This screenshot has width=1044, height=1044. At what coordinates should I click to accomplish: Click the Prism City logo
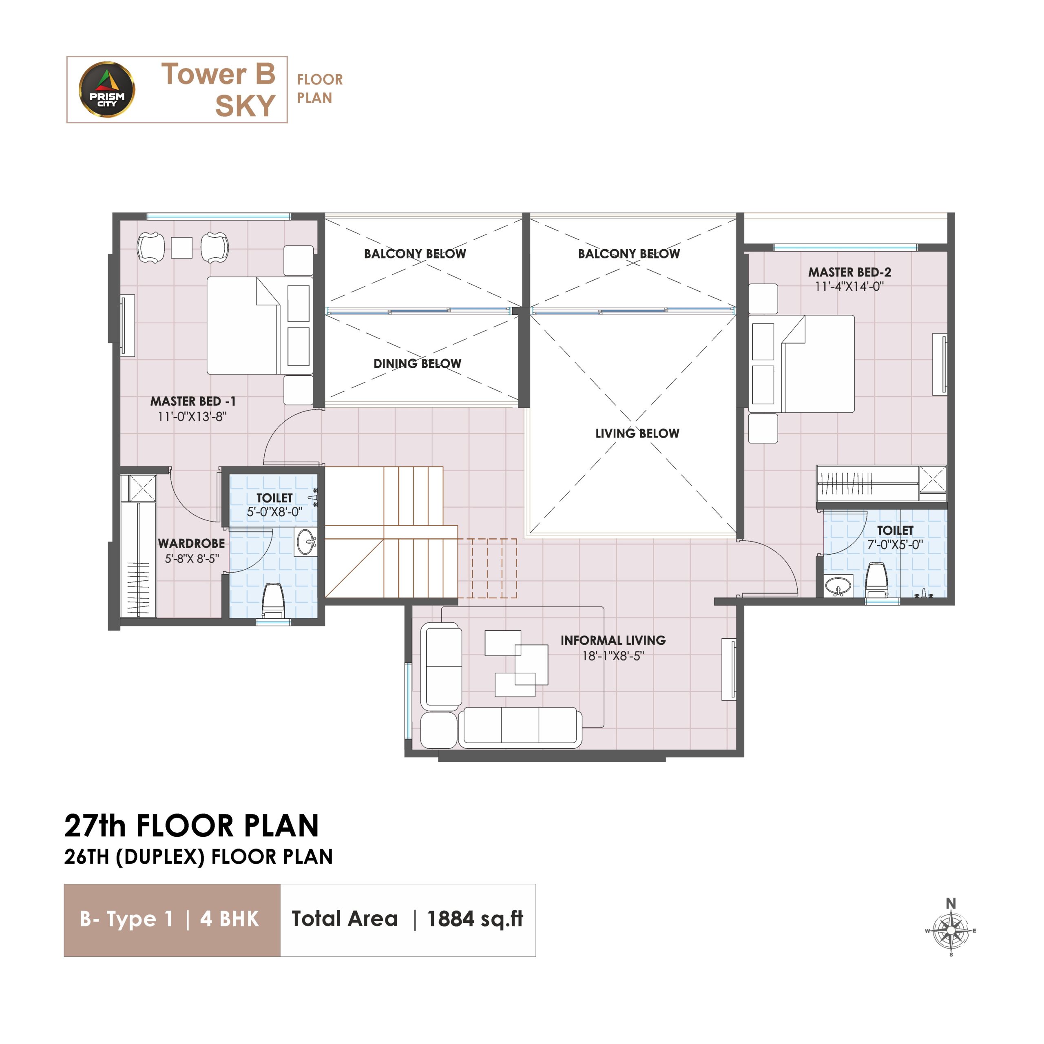tap(107, 89)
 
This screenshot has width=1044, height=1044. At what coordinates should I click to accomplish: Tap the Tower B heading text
tap(218, 74)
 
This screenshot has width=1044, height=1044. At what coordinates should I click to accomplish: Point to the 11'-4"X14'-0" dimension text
tap(849, 286)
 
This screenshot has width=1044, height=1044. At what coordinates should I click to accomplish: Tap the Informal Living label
tap(613, 640)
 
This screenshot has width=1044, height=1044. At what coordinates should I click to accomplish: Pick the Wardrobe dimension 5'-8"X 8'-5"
tap(192, 559)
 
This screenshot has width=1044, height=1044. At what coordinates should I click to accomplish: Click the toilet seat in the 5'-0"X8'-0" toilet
tap(273, 600)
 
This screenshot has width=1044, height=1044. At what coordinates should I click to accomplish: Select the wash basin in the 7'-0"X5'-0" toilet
tap(838, 585)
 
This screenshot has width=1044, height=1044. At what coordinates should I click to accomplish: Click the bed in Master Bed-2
tap(801, 364)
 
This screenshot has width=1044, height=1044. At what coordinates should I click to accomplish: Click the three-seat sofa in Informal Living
tap(520, 728)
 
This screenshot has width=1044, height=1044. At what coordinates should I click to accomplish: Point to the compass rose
tap(951, 931)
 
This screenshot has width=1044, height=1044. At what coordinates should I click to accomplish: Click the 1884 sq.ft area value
tap(475, 919)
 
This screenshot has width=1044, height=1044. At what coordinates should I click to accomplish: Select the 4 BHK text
tap(230, 919)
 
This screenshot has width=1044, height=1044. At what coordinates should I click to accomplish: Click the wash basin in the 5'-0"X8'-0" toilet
tap(306, 542)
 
